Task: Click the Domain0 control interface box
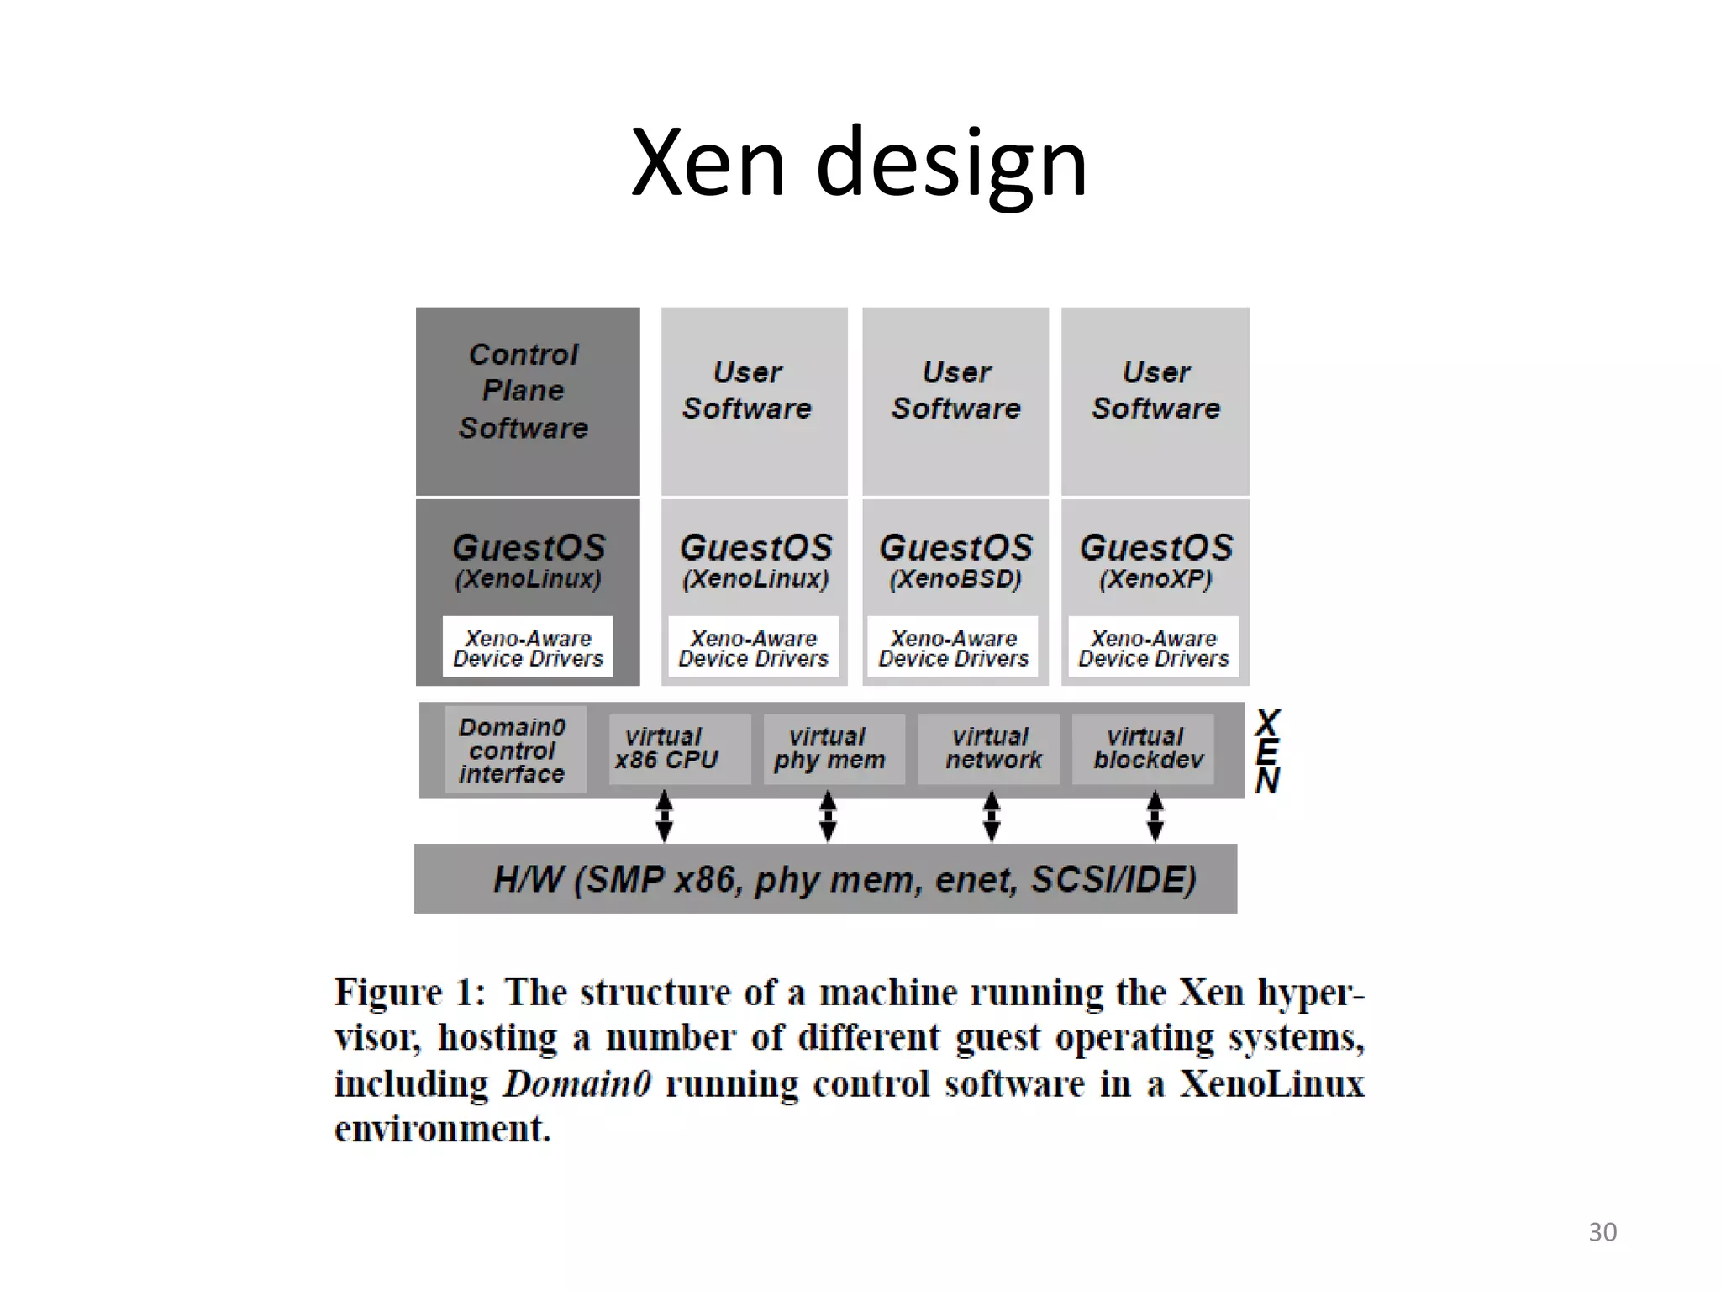click(513, 750)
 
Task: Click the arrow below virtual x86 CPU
click(664, 816)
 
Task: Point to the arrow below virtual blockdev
click(1155, 816)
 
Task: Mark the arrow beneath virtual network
click(992, 816)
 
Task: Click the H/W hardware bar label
click(844, 880)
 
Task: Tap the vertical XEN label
click(1267, 751)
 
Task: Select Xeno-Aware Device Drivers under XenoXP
click(1154, 649)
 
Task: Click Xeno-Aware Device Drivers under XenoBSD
click(954, 649)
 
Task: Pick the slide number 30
click(1602, 1232)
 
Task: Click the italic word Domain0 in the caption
click(577, 1083)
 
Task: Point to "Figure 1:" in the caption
click(409, 993)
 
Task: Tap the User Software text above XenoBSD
click(956, 391)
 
